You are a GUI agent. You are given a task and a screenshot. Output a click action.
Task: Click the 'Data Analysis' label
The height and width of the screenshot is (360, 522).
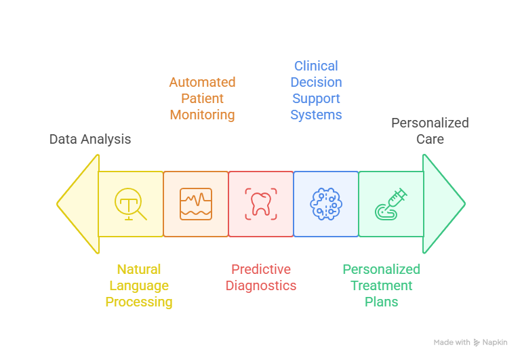tap(90, 139)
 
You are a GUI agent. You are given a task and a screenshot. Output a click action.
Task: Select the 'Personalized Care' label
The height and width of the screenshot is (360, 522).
tap(430, 131)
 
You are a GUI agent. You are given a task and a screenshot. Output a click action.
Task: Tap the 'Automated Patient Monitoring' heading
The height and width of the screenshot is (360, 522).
tap(202, 99)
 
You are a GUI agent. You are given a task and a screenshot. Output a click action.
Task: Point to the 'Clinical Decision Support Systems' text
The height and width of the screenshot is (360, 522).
tap(316, 90)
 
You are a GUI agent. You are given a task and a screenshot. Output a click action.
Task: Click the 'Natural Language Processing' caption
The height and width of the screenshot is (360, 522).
tap(139, 285)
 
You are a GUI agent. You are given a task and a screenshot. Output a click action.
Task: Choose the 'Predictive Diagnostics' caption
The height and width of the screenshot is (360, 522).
tap(261, 277)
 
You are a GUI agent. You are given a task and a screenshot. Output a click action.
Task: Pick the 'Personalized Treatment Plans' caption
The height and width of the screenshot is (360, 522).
tap(382, 285)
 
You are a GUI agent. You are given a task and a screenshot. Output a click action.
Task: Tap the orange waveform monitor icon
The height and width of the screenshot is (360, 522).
tap(196, 204)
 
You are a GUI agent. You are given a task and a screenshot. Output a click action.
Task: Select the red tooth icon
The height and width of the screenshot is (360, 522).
tap(261, 204)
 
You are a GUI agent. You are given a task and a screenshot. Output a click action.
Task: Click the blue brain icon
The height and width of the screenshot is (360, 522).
tap(326, 204)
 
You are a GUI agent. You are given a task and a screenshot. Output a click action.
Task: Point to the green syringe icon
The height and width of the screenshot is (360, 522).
tap(391, 204)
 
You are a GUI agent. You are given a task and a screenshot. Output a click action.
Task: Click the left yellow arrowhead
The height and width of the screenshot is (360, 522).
tap(79, 203)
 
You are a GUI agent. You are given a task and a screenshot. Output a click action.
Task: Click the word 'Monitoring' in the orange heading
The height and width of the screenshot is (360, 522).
tap(202, 115)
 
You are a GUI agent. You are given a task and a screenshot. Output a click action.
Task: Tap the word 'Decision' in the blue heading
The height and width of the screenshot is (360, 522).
tap(316, 82)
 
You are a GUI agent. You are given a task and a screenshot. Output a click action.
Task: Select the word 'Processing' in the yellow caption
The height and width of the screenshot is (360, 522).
tap(139, 302)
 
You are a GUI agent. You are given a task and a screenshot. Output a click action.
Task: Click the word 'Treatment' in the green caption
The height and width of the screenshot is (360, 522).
tap(382, 285)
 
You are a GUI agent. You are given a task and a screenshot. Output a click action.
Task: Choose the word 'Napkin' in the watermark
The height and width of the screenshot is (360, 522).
tap(495, 342)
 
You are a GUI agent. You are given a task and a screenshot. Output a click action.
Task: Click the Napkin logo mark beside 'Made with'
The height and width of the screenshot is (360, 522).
tap(477, 342)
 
